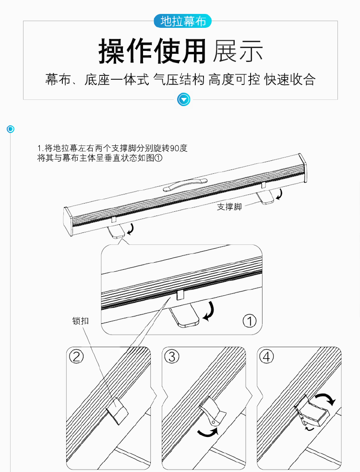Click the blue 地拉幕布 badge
(x=183, y=22)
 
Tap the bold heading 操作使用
(x=152, y=51)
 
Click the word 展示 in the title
(x=238, y=51)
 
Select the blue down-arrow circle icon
(x=184, y=99)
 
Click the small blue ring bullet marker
(x=11, y=129)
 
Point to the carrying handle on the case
(x=185, y=184)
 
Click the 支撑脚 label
(x=229, y=207)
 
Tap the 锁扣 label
(x=80, y=321)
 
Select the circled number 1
(x=250, y=321)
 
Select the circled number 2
(x=76, y=357)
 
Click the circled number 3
(x=172, y=357)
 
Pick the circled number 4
(x=267, y=357)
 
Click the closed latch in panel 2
(x=118, y=411)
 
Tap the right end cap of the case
(x=302, y=168)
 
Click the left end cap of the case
(x=68, y=221)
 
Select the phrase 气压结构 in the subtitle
(x=179, y=80)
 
